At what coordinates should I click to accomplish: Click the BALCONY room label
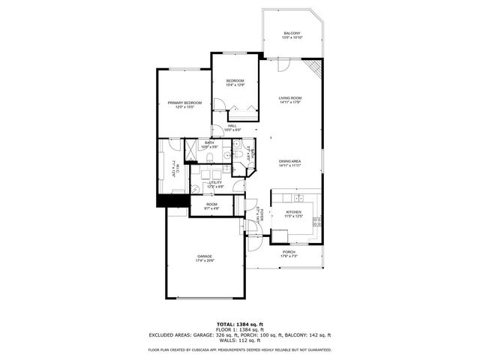(292, 33)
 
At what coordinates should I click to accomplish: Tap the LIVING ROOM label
(290, 97)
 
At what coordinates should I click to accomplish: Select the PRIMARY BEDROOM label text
(184, 103)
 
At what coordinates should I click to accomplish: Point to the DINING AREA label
(290, 161)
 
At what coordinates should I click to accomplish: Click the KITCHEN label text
(293, 212)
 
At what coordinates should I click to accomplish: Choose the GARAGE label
(205, 256)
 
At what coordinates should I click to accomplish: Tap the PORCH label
(289, 252)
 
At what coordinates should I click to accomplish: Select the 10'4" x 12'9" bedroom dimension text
(235, 85)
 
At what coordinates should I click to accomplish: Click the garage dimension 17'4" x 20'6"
(205, 261)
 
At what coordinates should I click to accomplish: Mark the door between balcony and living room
(283, 64)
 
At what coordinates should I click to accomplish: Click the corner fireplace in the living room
(318, 68)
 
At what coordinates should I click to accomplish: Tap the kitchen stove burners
(316, 221)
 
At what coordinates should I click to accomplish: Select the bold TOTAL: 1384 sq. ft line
(239, 324)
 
